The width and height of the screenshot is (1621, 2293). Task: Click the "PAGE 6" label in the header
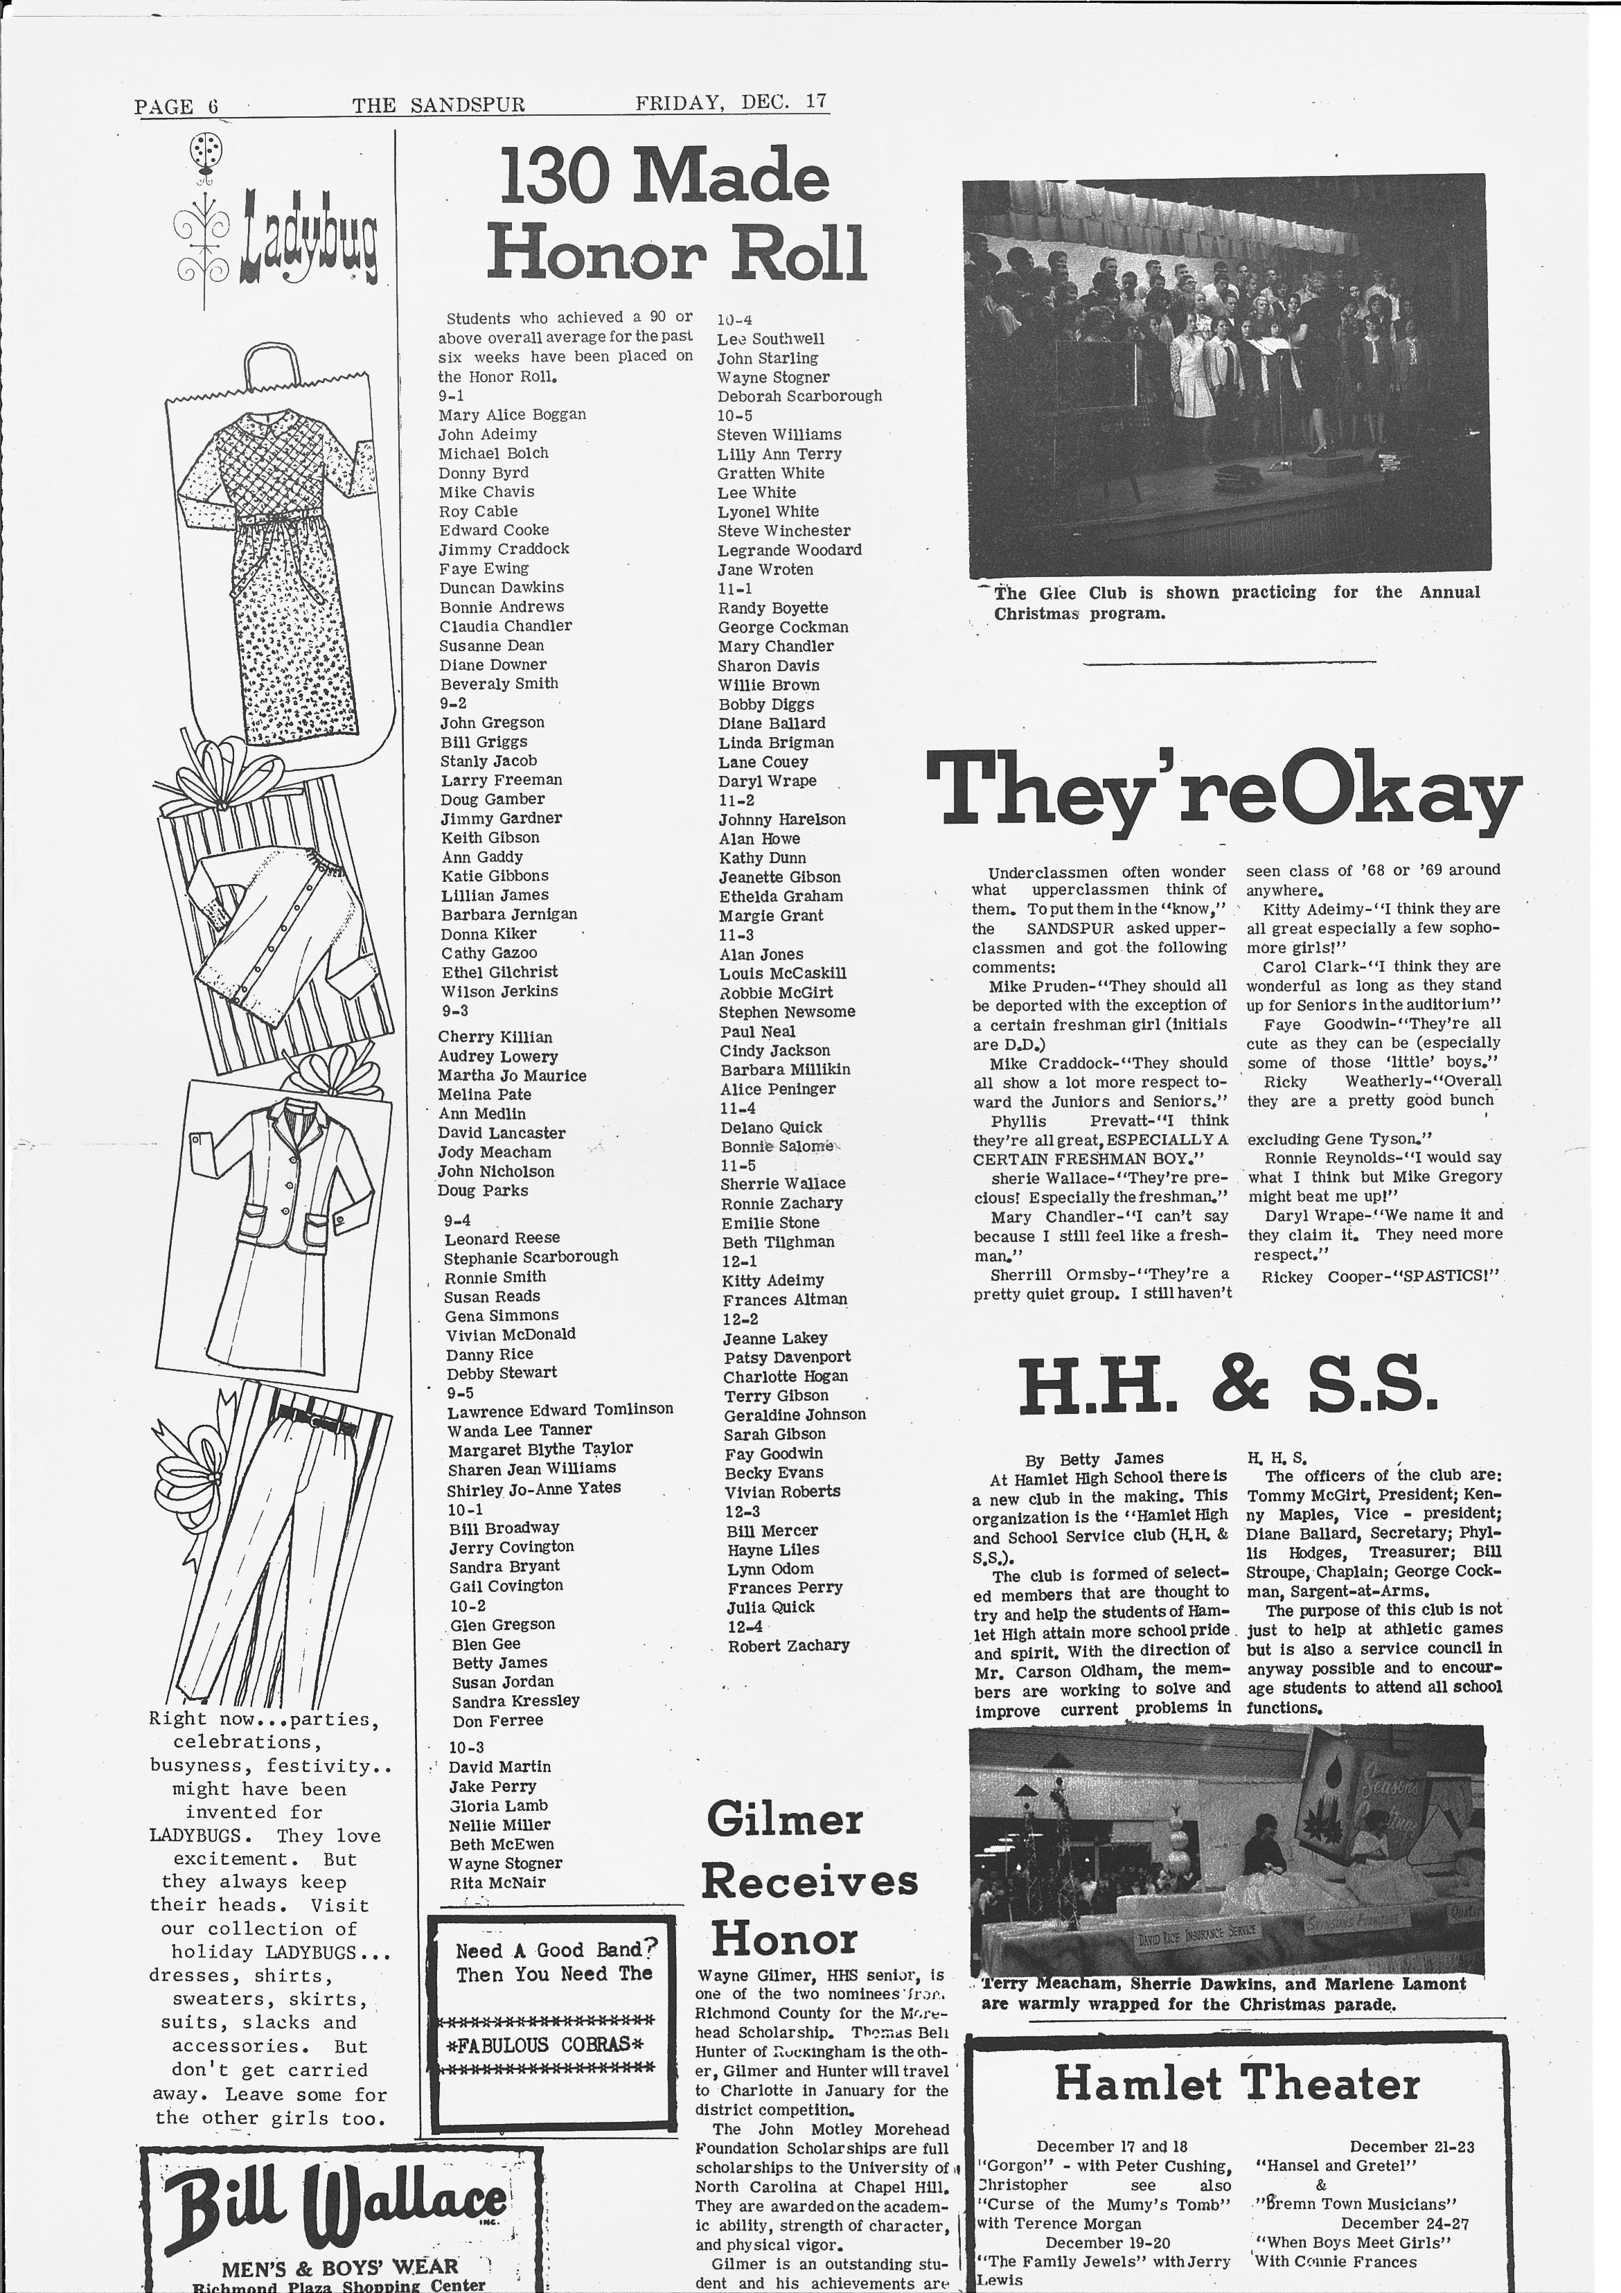click(176, 107)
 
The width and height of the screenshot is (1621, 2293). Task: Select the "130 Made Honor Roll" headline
click(676, 214)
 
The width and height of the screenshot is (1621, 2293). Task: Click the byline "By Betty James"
click(1094, 1458)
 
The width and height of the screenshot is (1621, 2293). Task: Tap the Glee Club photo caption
click(1234, 602)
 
